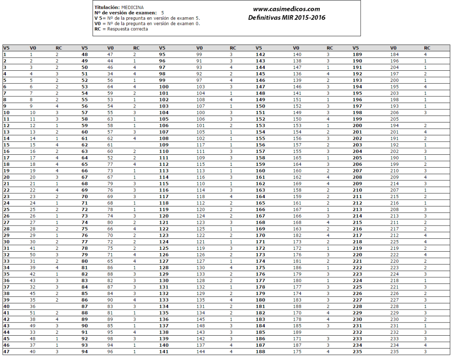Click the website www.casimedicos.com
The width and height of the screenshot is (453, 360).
click(286, 9)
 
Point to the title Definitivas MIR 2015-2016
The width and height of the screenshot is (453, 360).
click(286, 18)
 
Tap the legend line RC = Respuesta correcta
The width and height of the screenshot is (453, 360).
click(121, 29)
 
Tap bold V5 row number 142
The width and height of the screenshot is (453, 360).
click(260, 54)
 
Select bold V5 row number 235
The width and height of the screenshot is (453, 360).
click(357, 352)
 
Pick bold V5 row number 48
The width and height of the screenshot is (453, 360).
click(84, 54)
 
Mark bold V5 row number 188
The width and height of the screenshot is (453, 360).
click(260, 352)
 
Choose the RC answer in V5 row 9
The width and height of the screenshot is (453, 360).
click(57, 106)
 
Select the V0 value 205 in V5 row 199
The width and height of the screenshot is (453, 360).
click(394, 119)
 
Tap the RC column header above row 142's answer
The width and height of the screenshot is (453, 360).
click(330, 48)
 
